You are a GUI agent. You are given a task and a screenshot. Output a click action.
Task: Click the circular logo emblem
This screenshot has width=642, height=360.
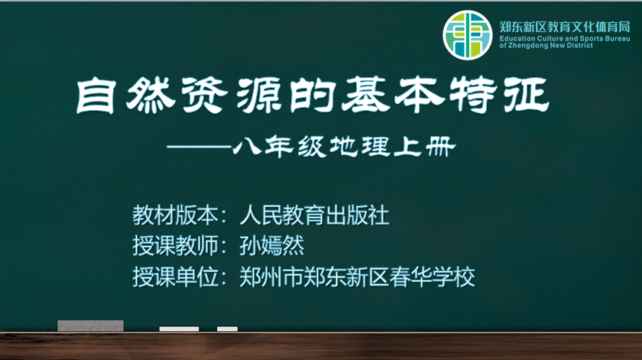(x=467, y=35)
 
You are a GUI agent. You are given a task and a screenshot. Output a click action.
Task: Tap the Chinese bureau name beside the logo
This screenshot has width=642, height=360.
(x=565, y=27)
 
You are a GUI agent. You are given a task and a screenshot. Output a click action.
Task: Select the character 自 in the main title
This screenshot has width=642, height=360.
(x=95, y=96)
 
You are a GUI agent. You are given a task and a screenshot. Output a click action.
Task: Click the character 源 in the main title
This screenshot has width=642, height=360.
(x=258, y=96)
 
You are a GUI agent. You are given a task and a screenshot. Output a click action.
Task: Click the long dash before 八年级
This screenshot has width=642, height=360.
(x=199, y=147)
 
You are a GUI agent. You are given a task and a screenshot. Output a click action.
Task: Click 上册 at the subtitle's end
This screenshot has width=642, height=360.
(x=425, y=147)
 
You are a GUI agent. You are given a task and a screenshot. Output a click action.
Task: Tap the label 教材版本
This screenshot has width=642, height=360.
(x=175, y=215)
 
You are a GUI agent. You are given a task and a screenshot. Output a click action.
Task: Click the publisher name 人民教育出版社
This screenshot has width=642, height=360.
(x=314, y=215)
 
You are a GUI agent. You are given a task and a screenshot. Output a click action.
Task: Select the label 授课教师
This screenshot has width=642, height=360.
(x=175, y=246)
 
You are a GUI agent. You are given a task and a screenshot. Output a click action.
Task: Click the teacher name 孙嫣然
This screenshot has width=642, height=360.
(x=272, y=246)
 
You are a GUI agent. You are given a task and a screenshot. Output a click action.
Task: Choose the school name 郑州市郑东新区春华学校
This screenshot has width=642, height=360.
(x=357, y=277)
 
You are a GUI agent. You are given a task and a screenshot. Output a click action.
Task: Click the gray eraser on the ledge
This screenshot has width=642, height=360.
(x=90, y=326)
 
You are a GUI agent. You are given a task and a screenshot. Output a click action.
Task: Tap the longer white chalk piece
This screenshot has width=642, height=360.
(x=179, y=329)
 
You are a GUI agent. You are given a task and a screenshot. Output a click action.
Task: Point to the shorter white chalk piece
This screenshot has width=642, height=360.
(x=227, y=329)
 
